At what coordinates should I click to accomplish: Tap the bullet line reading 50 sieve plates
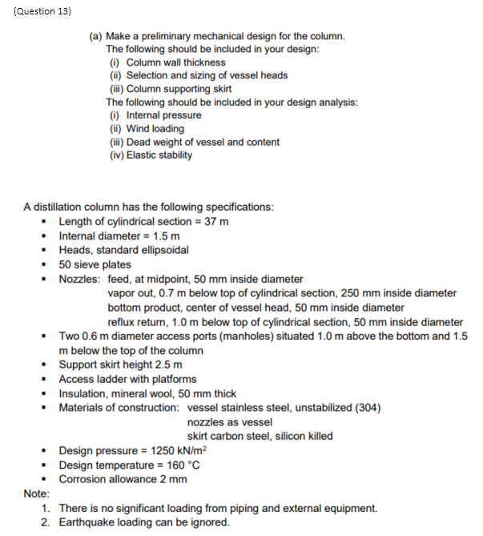(95, 264)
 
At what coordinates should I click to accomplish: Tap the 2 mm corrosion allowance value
(170, 480)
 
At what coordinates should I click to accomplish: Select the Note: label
(36, 494)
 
